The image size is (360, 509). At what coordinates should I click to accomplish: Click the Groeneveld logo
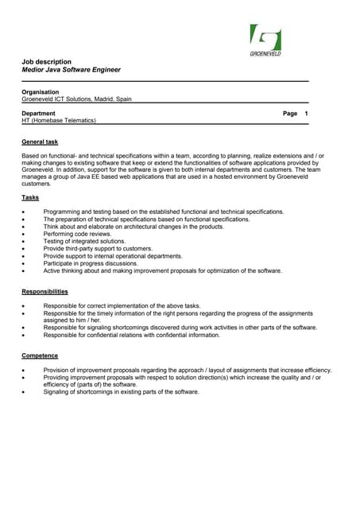265,41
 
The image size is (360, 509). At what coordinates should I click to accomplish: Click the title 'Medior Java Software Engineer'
71,70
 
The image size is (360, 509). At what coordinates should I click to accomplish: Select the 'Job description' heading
46,61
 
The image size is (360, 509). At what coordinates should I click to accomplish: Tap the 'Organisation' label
41,92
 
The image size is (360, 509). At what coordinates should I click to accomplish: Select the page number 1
306,114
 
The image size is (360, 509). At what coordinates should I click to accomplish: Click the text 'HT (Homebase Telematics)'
59,121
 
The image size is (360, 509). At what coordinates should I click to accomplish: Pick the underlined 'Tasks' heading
30,197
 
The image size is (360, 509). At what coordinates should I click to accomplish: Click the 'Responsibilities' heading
45,292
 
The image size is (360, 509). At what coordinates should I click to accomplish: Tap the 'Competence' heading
39,356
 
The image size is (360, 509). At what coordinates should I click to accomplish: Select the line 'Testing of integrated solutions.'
84,241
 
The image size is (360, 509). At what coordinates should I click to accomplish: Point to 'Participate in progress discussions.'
91,263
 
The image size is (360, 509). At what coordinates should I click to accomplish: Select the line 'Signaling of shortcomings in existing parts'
121,392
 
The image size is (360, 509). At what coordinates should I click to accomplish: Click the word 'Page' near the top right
290,114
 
